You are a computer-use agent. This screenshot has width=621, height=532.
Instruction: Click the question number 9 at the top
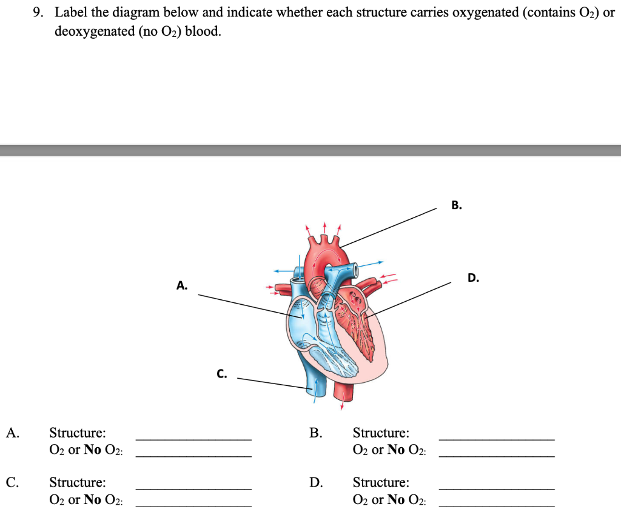pos(38,13)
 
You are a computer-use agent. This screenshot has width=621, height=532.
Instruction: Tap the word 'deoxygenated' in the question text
pos(90,31)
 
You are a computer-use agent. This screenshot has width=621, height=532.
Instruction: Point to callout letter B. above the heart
pos(457,205)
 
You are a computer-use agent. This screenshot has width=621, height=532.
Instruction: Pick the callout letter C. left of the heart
pos(222,374)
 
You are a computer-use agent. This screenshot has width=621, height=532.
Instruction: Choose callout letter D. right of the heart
pos(474,278)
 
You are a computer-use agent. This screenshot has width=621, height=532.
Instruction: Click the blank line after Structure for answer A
pos(193,438)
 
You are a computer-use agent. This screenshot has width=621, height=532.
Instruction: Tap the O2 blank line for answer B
pos(496,455)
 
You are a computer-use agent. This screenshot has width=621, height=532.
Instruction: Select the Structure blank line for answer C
pos(193,488)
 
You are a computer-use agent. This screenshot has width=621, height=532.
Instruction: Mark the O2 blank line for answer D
pos(496,505)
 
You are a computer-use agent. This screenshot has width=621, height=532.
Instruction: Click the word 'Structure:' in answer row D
pos(381,483)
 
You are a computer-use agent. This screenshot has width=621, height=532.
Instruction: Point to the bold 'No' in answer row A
pos(92,450)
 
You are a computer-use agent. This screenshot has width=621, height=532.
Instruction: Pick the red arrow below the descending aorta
pos(343,402)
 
